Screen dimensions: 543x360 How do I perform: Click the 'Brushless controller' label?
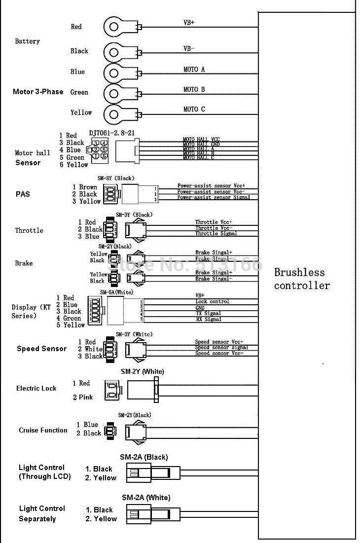(302, 279)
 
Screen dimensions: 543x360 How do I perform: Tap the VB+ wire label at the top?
(188, 23)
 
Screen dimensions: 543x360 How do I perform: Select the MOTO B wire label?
(194, 89)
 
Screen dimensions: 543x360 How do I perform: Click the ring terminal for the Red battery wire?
(114, 27)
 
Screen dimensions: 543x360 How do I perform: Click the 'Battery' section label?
(27, 41)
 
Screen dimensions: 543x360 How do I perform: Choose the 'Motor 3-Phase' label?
(38, 92)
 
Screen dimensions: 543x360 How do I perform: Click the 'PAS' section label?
(22, 194)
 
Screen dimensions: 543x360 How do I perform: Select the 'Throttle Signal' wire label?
(216, 233)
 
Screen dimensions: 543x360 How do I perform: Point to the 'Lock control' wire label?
(213, 301)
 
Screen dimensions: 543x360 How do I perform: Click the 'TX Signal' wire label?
(208, 313)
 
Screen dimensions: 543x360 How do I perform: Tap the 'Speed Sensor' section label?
(41, 349)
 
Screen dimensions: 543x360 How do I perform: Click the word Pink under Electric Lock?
(86, 397)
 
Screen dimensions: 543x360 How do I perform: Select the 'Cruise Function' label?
(43, 430)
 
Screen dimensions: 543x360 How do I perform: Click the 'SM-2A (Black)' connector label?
(144, 457)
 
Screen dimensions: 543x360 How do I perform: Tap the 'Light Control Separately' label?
(42, 513)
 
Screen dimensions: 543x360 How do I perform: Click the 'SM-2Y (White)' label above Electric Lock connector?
(143, 371)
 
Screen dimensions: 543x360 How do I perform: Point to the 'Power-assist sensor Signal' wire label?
(214, 197)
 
